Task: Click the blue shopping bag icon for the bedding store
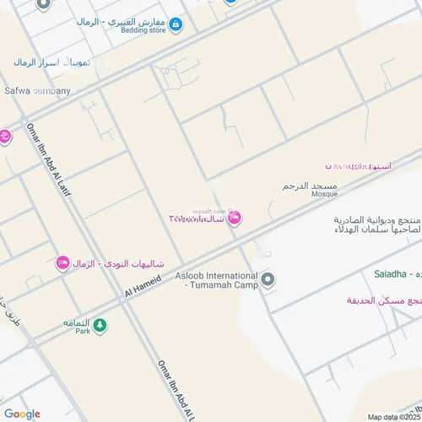pyautogui.click(x=176, y=24)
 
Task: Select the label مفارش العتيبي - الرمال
pyautogui.click(x=124, y=20)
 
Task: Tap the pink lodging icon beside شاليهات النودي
pyautogui.click(x=62, y=264)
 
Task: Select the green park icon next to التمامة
pyautogui.click(x=100, y=325)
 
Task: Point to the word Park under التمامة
pyautogui.click(x=82, y=332)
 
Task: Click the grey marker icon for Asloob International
pyautogui.click(x=268, y=279)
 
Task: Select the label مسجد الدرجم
pyautogui.click(x=311, y=185)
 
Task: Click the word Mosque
pyautogui.click(x=324, y=193)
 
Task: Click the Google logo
pyautogui.click(x=22, y=414)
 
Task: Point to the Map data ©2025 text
pyautogui.click(x=392, y=417)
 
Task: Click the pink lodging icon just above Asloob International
pyautogui.click(x=234, y=219)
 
